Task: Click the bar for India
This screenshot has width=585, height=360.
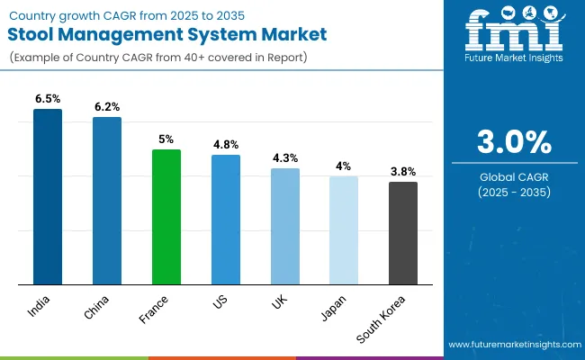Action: click(48, 197)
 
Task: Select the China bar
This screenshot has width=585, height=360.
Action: click(107, 201)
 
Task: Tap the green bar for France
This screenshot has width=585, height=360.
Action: click(166, 217)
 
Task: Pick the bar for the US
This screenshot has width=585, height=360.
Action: click(226, 220)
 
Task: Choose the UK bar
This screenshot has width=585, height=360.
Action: click(284, 226)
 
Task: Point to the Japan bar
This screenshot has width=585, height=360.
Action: click(344, 230)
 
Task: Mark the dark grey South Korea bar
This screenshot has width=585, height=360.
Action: click(403, 233)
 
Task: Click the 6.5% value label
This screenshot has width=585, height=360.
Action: click(48, 98)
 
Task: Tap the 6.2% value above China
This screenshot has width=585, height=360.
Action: click(107, 106)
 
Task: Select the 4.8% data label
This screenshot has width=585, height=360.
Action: click(226, 144)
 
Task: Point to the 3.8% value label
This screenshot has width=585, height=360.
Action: click(403, 171)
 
